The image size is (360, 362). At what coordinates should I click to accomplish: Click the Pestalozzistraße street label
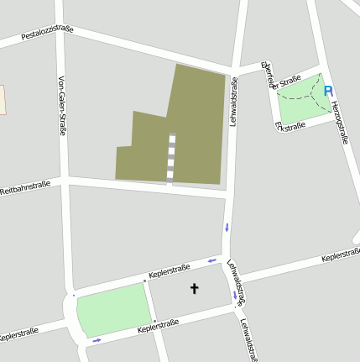pos(47,34)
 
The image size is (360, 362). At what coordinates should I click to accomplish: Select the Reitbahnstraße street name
pos(25,186)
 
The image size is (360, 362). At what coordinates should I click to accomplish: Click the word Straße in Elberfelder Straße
pos(289,81)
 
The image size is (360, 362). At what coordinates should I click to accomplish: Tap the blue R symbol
pos(328,91)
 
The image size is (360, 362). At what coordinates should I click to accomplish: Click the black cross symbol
pos(195,289)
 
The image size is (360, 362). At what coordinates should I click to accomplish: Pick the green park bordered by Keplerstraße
pos(113,308)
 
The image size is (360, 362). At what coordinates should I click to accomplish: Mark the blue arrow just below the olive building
pos(226,227)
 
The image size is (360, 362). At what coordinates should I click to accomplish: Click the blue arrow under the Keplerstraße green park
pos(97,339)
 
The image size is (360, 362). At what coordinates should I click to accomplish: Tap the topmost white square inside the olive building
pos(173,139)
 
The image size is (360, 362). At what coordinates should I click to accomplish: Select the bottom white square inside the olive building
pos(170,176)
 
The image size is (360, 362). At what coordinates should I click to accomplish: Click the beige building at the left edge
pos(2,99)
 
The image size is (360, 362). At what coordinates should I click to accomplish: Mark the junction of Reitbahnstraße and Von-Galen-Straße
pos(64,178)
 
